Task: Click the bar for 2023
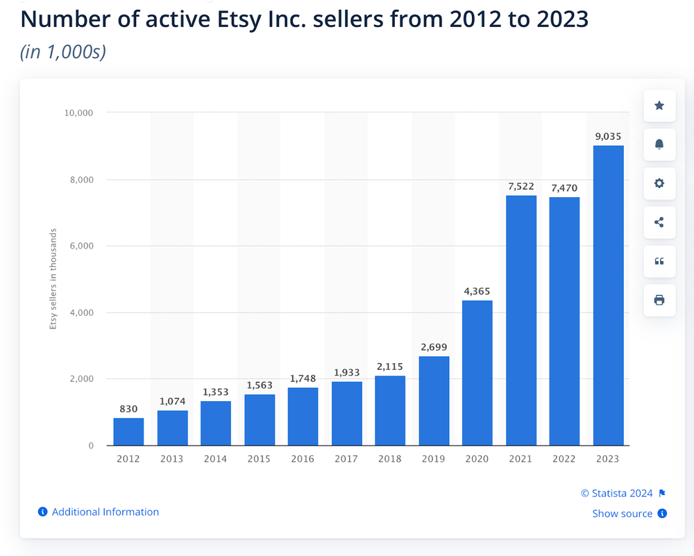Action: click(x=609, y=295)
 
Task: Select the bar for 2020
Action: click(x=477, y=373)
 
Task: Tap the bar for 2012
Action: click(x=128, y=432)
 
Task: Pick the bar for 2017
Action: click(x=347, y=413)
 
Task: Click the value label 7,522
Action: click(x=520, y=186)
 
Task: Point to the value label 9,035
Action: click(x=609, y=136)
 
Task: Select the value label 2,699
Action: click(x=434, y=347)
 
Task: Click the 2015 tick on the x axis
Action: click(x=260, y=459)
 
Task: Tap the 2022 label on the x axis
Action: click(x=564, y=459)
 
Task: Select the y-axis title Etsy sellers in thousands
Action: click(x=53, y=279)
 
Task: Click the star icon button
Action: click(x=659, y=106)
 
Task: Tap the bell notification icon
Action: click(x=659, y=144)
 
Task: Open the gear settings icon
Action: click(x=659, y=183)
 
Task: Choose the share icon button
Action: click(x=659, y=222)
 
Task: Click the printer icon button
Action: click(x=659, y=300)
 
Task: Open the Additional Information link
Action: click(x=105, y=512)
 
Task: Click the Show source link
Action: click(x=622, y=514)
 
